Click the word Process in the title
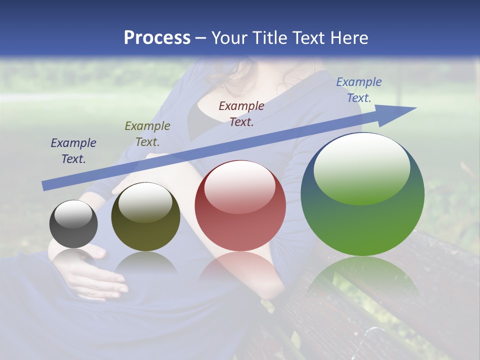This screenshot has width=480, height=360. tap(157, 38)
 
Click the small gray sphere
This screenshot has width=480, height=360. tap(73, 224)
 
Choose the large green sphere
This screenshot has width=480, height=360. tap(362, 194)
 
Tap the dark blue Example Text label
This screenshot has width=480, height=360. tap(73, 151)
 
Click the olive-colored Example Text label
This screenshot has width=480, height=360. tap(147, 134)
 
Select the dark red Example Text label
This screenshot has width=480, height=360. tap(241, 113)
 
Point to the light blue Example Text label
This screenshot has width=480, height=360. tap(359, 90)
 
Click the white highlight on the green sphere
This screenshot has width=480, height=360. tap(361, 167)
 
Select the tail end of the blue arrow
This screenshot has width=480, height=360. tap(46, 185)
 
